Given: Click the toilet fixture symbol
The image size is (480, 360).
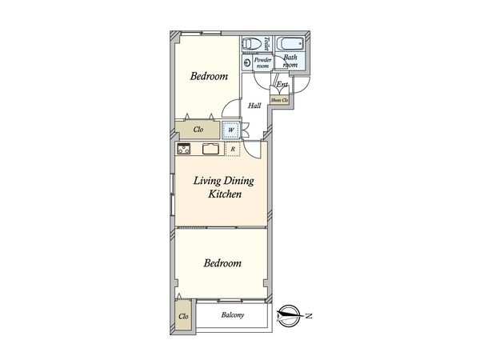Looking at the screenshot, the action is point(252,43).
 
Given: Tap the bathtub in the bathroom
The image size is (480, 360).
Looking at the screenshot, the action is point(290,44).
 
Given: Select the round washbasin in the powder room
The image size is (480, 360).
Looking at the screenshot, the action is point(247,63).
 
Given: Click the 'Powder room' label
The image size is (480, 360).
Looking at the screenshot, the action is point(262,62).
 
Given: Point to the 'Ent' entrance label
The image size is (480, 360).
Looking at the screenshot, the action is point(282,84).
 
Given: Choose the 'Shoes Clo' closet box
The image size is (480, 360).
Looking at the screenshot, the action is point(279,100).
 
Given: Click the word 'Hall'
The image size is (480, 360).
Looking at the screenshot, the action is point(254,106).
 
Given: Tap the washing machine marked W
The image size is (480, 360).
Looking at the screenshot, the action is point(231,130).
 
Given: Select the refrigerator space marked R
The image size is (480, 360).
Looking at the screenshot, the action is point(233,149).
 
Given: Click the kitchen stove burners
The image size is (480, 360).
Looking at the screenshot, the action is point(184,149).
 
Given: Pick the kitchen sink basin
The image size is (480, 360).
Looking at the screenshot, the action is point(210,149).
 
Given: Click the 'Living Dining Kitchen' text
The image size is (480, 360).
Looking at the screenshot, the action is point(224,187).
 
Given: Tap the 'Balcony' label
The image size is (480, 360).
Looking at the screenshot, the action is point(233,315).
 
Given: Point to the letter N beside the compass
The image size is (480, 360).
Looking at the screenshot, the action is point(309,316).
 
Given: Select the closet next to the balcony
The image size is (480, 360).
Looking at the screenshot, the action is point(183,316).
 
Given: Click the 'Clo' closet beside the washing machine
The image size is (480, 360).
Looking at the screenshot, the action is point(198,130).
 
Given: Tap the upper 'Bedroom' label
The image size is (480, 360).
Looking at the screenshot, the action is point(209,76).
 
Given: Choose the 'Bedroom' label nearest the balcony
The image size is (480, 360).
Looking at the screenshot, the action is point(222,263).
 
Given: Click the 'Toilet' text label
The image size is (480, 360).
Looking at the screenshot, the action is point(267,43).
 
